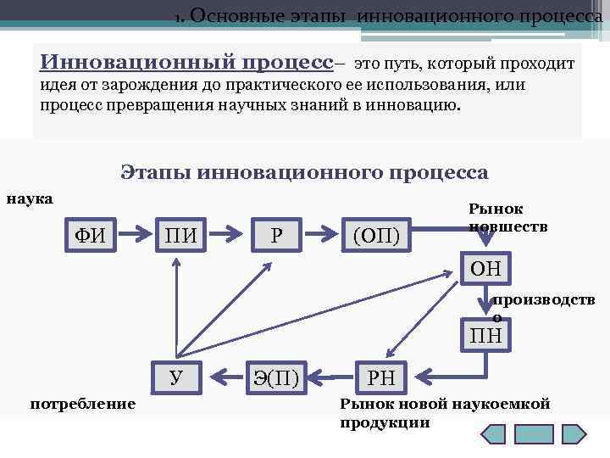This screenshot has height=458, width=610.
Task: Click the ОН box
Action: (485, 271)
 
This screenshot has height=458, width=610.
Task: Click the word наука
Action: (30, 200)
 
